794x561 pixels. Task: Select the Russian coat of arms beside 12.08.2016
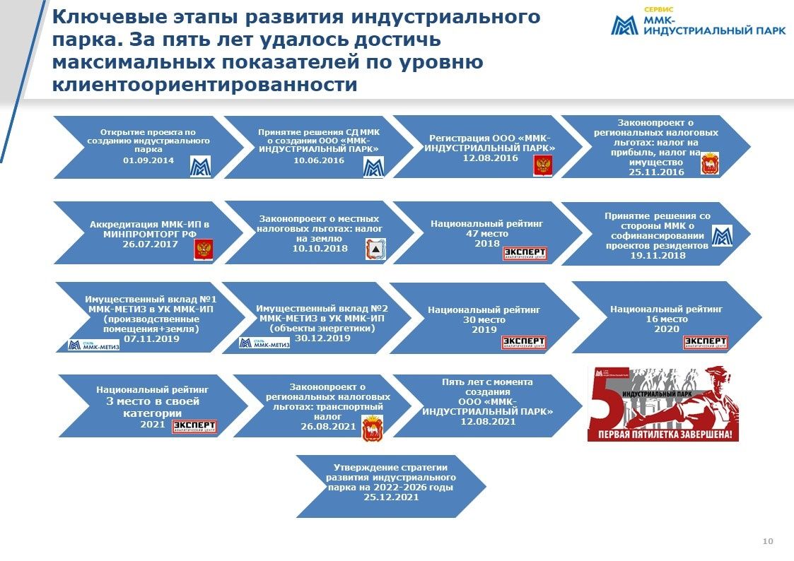point(543,166)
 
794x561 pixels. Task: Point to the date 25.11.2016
point(656,172)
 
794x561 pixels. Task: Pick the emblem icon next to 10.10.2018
point(376,249)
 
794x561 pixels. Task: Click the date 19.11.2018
point(658,255)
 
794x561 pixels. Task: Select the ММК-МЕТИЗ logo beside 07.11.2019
point(94,345)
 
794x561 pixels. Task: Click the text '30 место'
point(484,319)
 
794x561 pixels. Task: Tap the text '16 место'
point(666,319)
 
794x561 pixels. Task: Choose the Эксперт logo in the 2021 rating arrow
point(194,426)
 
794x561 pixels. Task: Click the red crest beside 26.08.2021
point(370,428)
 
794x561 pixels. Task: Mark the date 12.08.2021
point(487,421)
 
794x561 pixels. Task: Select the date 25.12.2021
point(391,497)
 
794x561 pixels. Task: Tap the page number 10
point(768,541)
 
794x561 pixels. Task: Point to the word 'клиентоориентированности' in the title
point(205,85)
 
